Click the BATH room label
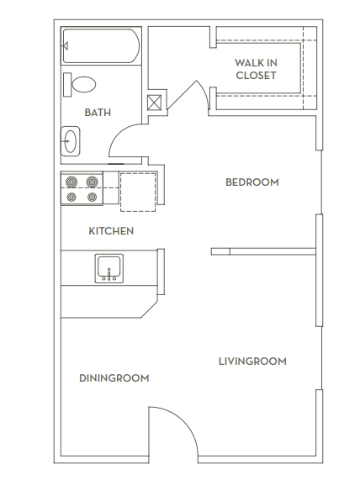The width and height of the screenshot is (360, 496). pyautogui.click(x=98, y=113)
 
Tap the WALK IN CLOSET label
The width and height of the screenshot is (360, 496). pyautogui.click(x=256, y=69)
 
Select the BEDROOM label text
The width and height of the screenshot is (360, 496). pyautogui.click(x=252, y=182)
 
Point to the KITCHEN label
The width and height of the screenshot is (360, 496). pyautogui.click(x=111, y=231)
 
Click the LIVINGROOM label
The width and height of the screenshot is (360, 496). pyautogui.click(x=252, y=361)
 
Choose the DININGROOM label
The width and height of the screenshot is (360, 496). pyautogui.click(x=114, y=378)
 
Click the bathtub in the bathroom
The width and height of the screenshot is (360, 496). pyautogui.click(x=101, y=46)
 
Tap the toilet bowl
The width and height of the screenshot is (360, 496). pyautogui.click(x=83, y=84)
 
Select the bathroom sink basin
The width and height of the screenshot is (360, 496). pyautogui.click(x=70, y=141)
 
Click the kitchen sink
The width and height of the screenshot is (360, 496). pyautogui.click(x=109, y=268)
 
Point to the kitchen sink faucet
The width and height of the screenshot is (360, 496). pyautogui.click(x=109, y=275)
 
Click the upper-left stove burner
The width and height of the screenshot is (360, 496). pyautogui.click(x=71, y=182)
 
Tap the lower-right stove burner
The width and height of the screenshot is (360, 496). pyautogui.click(x=92, y=197)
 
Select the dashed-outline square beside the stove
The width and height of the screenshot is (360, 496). pyautogui.click(x=138, y=192)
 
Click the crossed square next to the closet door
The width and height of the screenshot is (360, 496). pyautogui.click(x=154, y=103)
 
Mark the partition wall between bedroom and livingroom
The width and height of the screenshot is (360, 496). pyautogui.click(x=263, y=251)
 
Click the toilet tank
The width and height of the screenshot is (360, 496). pyautogui.click(x=67, y=84)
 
